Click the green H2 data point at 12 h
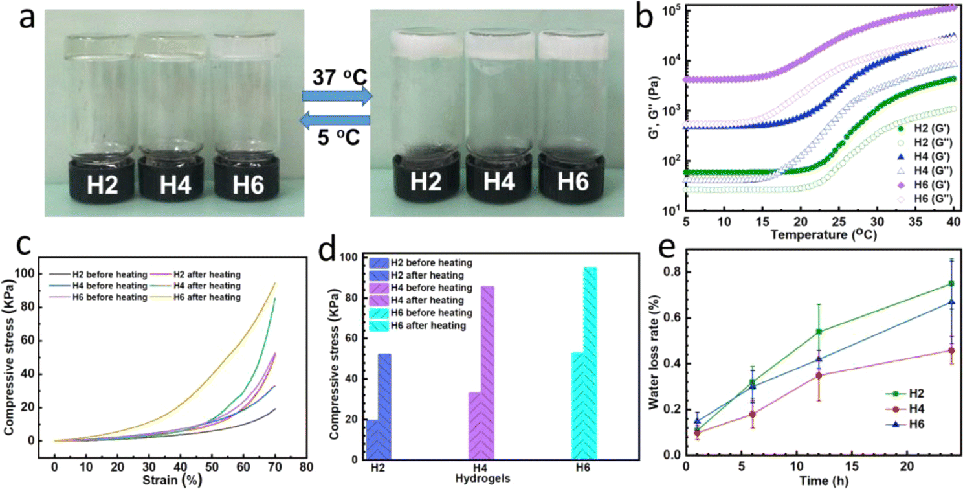819,332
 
